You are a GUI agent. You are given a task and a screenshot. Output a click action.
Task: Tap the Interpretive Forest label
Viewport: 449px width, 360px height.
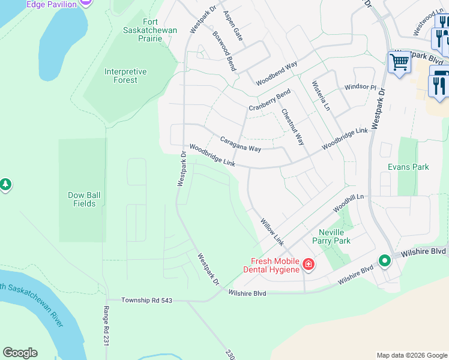pos(125,76)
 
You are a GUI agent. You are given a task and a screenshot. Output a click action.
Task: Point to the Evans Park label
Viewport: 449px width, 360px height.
pos(408,167)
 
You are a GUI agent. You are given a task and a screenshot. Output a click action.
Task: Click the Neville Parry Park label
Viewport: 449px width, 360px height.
pos(331,236)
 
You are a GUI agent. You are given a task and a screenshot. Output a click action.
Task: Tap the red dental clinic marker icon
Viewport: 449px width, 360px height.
pos(308,264)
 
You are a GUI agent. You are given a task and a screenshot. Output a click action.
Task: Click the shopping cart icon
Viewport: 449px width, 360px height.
pos(399,62)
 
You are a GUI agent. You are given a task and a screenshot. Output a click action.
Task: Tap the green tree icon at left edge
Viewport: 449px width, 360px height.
pos(5,184)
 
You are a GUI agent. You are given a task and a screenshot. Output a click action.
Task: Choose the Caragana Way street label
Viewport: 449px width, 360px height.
pos(240,143)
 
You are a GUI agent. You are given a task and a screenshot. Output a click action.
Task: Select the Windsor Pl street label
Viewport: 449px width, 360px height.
pos(360,87)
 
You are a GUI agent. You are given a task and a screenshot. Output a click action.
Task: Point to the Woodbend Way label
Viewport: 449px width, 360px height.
pos(277,73)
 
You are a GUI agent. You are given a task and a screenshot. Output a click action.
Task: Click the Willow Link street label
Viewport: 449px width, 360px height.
pos(271,230)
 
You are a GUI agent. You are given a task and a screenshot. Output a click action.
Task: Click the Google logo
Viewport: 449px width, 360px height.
pos(20,353)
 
